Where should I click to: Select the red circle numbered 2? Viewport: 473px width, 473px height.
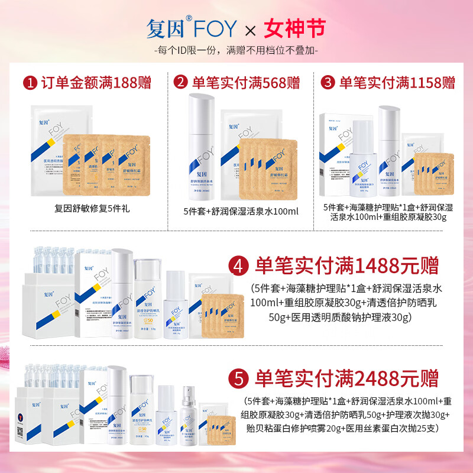click(x=180, y=82)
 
